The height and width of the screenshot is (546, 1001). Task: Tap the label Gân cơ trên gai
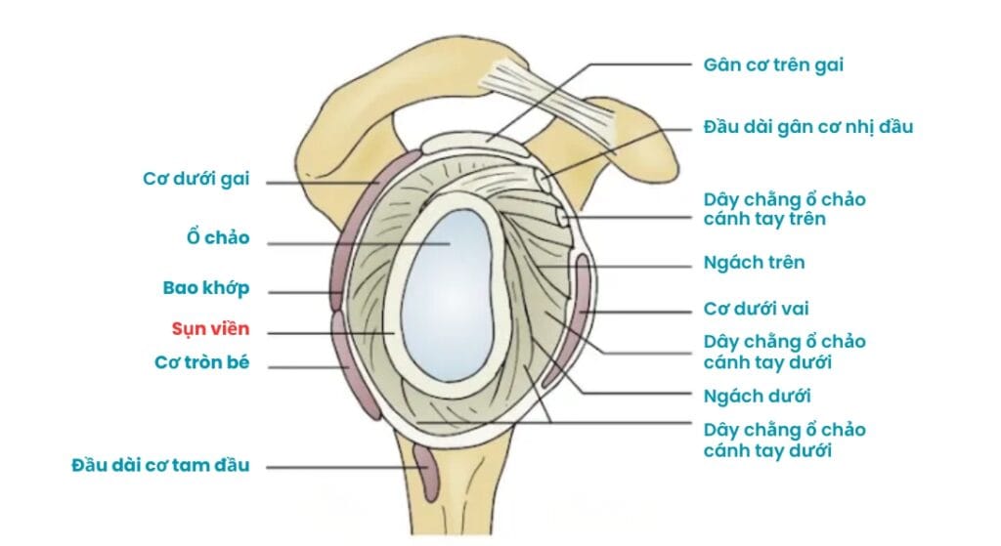pos(772,65)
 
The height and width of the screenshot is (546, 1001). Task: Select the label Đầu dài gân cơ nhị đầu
pos(807,127)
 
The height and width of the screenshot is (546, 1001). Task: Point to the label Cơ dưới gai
pos(196,179)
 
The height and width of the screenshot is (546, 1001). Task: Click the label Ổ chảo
pos(217,237)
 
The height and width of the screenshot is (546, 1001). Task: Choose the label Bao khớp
pos(206,288)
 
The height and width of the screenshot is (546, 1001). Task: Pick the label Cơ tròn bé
pos(202,362)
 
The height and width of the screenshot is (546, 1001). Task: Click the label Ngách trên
pos(754,264)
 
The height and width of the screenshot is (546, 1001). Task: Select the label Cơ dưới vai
pos(757,310)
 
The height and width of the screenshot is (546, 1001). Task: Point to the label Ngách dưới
pos(757,396)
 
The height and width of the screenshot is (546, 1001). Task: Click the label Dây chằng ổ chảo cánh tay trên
pos(784,209)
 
